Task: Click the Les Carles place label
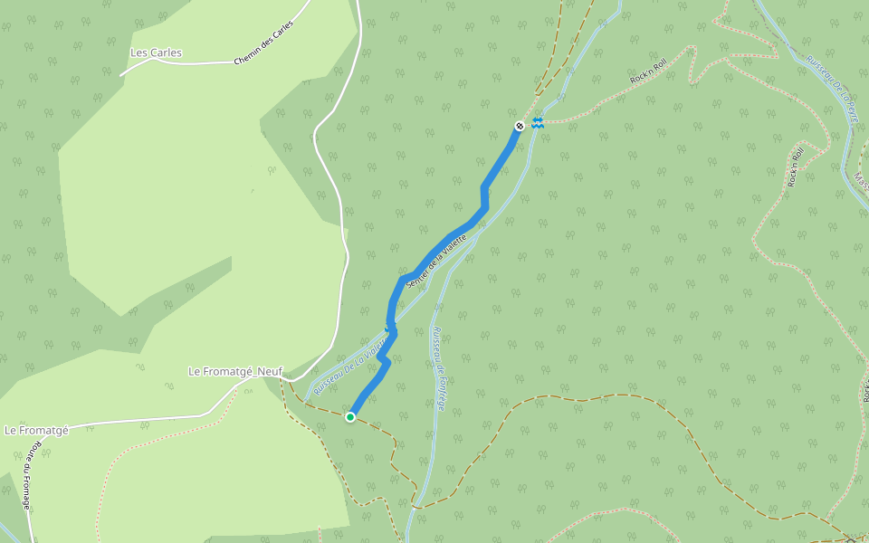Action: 156,52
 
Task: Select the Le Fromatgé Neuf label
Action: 235,371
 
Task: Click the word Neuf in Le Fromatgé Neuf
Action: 270,371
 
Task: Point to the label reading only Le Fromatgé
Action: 36,430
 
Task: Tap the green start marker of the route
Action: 350,416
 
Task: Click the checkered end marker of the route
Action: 520,126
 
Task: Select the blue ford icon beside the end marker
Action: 538,122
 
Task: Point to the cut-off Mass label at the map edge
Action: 861,181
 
